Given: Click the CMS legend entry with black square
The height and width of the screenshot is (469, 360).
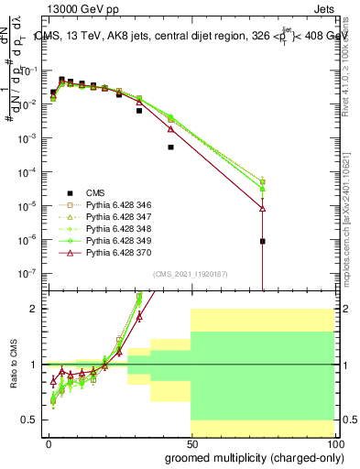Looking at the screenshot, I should pos(95,192).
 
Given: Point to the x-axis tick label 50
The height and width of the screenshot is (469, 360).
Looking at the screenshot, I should pos(191,444).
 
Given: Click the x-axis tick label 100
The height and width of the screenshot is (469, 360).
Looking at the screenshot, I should pos(333,444).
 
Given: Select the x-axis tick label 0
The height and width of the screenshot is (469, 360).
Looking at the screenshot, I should pos(49,444).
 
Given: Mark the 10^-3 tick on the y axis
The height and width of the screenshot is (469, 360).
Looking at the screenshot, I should pos(27,137).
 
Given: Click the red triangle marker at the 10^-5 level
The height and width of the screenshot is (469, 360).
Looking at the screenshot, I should pos(263,209).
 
